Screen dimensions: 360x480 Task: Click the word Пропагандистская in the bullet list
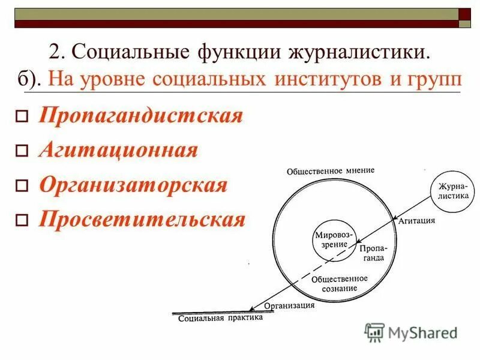[x=141, y=115]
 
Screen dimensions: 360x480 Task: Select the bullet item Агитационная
[x=118, y=150]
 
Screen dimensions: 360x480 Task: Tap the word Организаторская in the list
[x=133, y=185]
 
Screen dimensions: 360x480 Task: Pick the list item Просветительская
[x=142, y=220]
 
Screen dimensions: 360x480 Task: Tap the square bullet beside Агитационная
[x=22, y=151]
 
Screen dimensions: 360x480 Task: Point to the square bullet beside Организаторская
[x=22, y=186]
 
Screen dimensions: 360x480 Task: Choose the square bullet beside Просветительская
[x=22, y=221]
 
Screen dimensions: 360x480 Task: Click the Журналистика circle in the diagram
[x=453, y=191]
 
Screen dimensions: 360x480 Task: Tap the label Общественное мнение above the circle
[x=330, y=170]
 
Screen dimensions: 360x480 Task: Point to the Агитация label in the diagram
[x=416, y=221]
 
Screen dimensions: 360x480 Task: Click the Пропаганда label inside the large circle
[x=373, y=252]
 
